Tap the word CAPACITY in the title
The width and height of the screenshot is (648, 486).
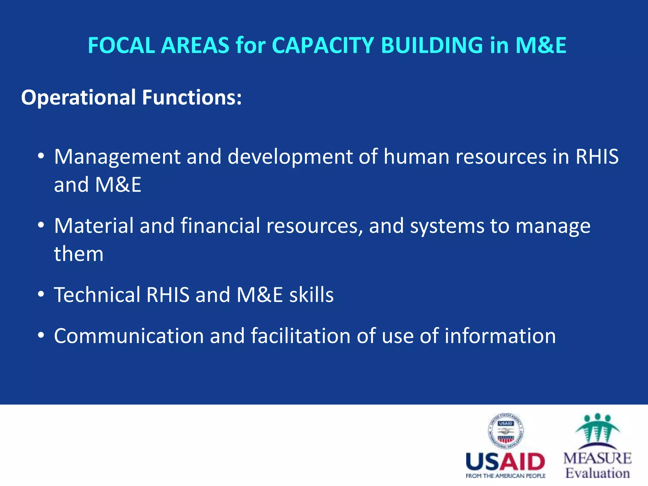(323, 45)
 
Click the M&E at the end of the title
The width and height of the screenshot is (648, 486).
(541, 45)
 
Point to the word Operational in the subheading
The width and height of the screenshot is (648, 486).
(78, 97)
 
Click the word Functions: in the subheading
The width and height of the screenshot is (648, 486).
(192, 97)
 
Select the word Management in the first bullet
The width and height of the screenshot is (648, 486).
(117, 157)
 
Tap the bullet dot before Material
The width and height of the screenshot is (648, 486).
(40, 226)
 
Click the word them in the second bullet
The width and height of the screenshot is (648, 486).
(78, 254)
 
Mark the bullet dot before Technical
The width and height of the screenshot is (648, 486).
(40, 295)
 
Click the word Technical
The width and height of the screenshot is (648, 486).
(97, 295)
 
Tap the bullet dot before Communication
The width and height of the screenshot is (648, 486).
(40, 336)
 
